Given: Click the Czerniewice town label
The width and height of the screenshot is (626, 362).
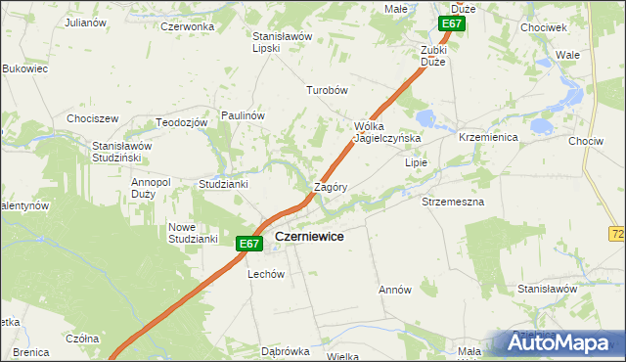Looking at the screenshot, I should click(308, 236).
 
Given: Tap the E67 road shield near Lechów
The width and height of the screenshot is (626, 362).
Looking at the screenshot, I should click(248, 244).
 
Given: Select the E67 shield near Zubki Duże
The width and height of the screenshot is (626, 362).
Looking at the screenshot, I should click(451, 23).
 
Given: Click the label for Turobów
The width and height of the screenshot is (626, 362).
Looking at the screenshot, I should click(328, 89).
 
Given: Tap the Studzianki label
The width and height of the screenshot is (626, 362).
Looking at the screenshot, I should click(223, 183).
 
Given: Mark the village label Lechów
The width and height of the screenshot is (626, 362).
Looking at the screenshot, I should click(265, 275).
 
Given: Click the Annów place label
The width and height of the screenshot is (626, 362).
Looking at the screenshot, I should click(394, 291).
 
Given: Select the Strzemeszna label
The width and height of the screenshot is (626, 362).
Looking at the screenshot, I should click(452, 201).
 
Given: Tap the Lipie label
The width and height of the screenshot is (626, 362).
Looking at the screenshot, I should click(418, 163).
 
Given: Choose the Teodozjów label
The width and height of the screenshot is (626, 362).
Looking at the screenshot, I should click(182, 122).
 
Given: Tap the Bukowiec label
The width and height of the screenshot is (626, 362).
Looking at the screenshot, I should click(25, 69).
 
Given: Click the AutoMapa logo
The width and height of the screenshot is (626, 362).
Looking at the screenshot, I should click(558, 342).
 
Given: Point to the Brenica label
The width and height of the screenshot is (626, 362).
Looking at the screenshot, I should click(31, 351).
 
